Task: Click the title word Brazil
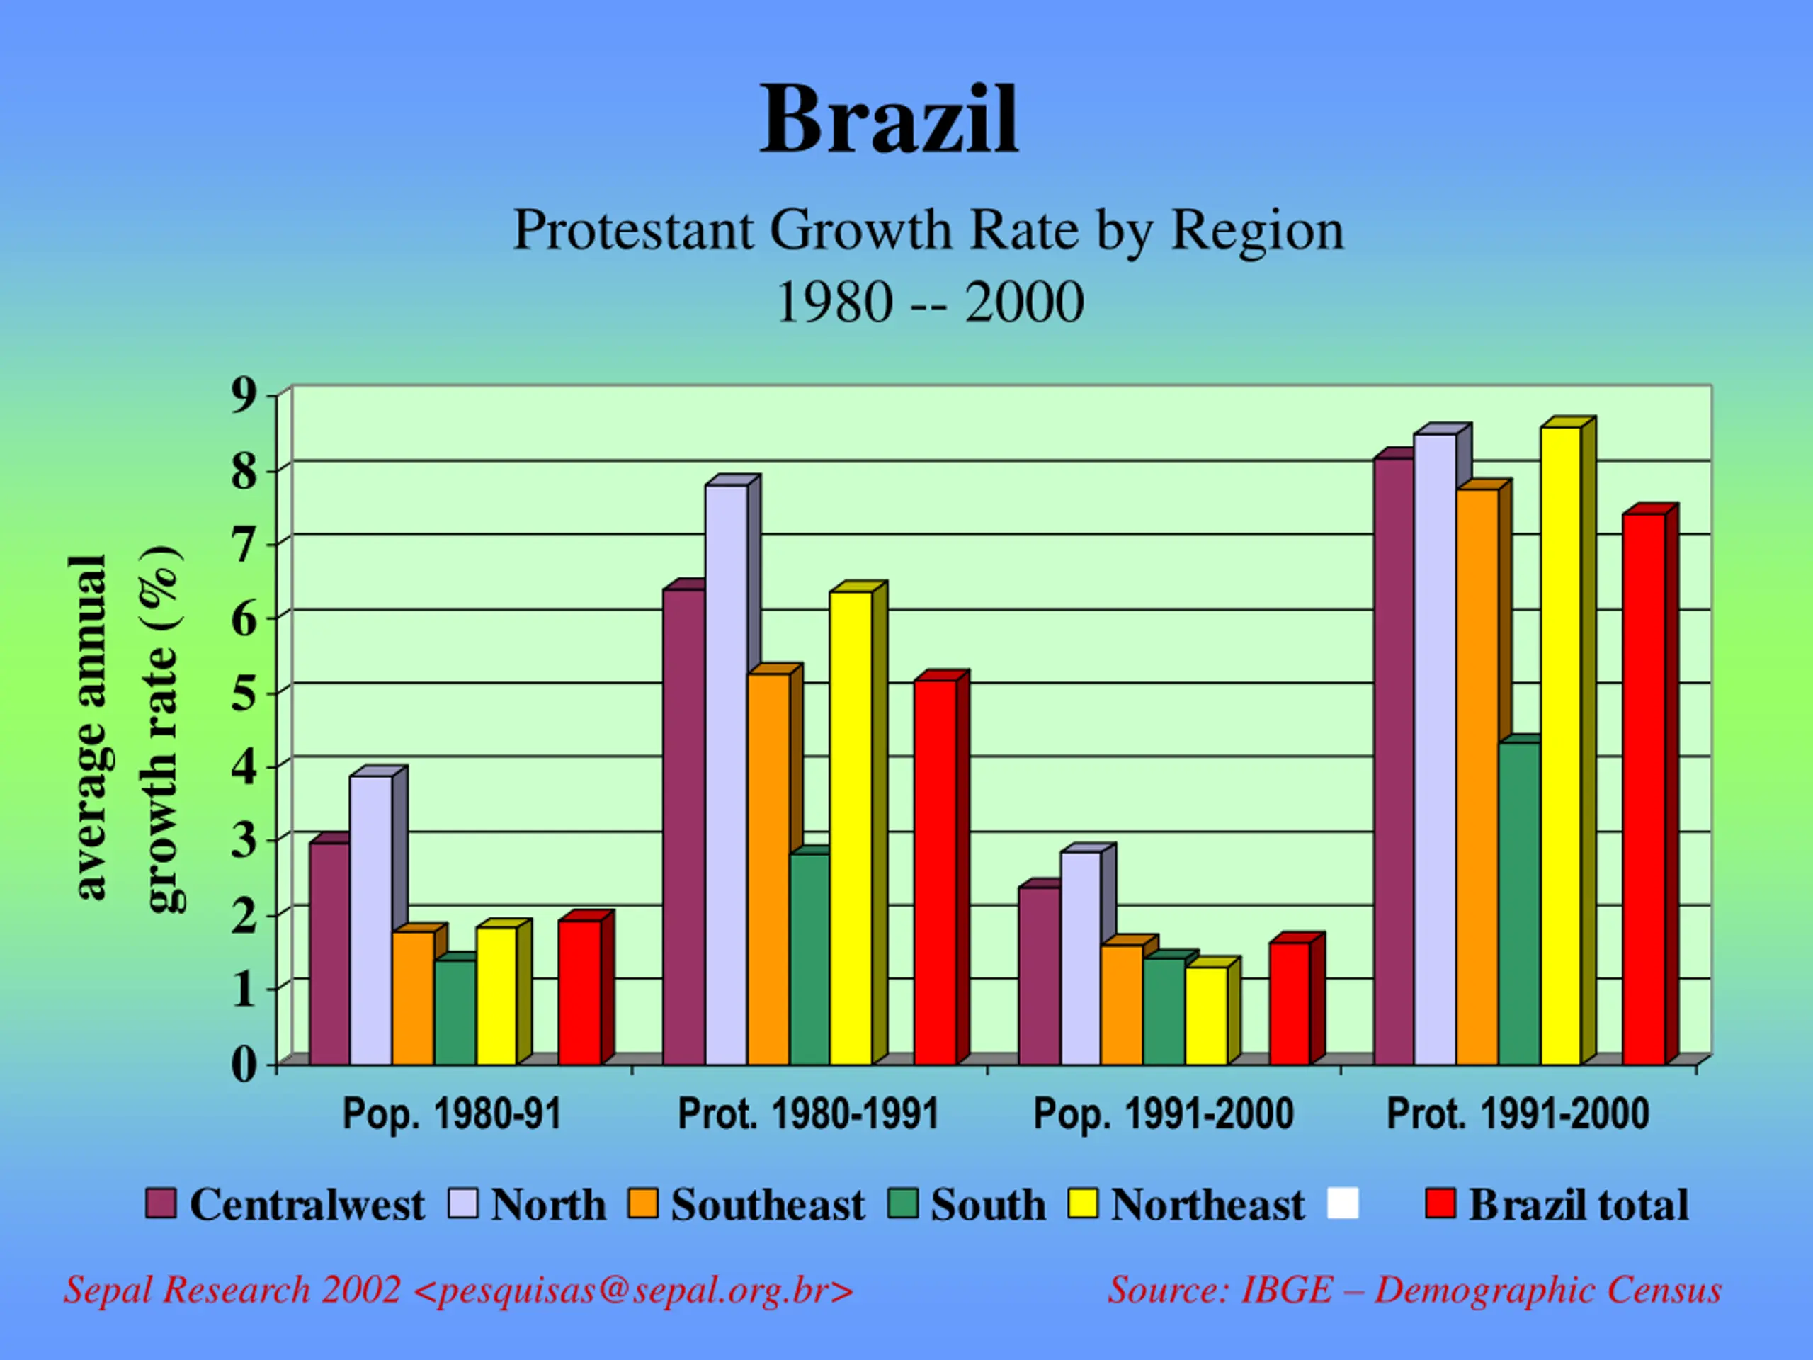(x=890, y=120)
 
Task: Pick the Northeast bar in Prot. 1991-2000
(x=1561, y=746)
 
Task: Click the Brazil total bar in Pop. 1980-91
(x=579, y=992)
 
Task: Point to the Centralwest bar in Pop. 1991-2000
(x=1039, y=975)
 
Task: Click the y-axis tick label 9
(x=244, y=397)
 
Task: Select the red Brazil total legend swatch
(x=1440, y=1204)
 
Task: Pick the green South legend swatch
(x=902, y=1204)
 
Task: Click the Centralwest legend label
(x=307, y=1205)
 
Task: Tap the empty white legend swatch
(x=1343, y=1203)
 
